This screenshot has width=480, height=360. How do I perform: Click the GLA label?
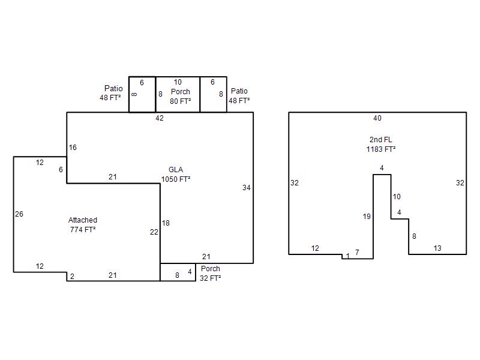pos(176,170)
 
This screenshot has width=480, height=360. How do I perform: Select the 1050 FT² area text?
pos(176,179)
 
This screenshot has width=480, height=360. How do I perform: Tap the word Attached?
pos(83,220)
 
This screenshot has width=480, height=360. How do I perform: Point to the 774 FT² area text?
pos(83,230)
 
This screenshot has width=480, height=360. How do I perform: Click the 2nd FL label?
pos(381,140)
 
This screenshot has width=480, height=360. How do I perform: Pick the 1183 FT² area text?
pos(381,149)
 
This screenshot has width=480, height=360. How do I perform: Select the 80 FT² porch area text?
pos(181,101)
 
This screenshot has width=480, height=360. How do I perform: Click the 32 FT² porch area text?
pos(211,278)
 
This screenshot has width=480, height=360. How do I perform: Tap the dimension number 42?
pos(160,118)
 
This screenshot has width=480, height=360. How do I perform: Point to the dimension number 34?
pos(247,188)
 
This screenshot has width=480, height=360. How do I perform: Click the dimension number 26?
pos(19,214)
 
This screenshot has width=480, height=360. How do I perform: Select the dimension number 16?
pos(73,148)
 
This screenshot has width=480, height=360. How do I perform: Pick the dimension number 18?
pos(166,223)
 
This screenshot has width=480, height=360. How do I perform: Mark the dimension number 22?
pos(154,232)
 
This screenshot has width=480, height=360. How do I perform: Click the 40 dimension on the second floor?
pos(377,118)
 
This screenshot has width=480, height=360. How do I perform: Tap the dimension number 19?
pos(367,217)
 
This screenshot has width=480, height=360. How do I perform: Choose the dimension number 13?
pos(437,248)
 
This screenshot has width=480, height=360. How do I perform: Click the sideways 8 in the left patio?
pos(134,94)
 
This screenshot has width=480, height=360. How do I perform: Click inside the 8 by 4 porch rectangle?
pos(178,272)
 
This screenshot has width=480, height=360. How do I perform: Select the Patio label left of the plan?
pos(113,88)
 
